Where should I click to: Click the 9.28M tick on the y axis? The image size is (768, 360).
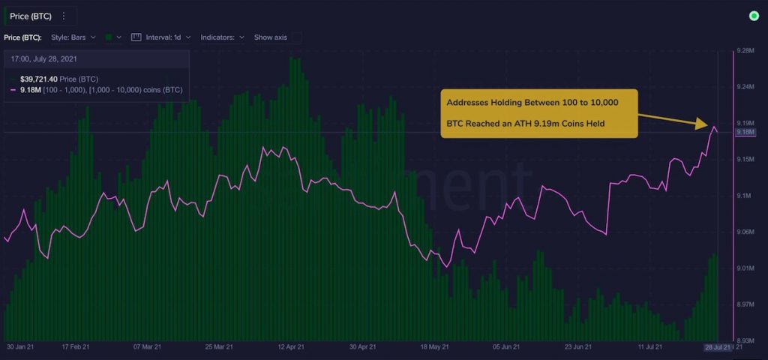pyautogui.click(x=745, y=51)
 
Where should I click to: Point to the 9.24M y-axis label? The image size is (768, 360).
pyautogui.click(x=745, y=87)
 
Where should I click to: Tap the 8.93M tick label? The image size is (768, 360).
pyautogui.click(x=745, y=340)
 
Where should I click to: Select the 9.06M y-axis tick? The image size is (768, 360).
pyautogui.click(x=745, y=232)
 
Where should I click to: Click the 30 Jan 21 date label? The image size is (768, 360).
pyautogui.click(x=21, y=347)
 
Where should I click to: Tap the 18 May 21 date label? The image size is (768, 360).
pyautogui.click(x=434, y=347)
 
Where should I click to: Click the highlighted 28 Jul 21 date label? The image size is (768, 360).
pyautogui.click(x=718, y=347)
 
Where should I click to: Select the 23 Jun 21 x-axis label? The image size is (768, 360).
pyautogui.click(x=577, y=347)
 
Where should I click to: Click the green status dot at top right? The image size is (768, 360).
pyautogui.click(x=754, y=16)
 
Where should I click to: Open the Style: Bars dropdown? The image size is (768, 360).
pyautogui.click(x=72, y=37)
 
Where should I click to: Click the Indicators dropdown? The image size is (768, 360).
pyautogui.click(x=220, y=37)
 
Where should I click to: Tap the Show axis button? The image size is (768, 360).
pyautogui.click(x=276, y=37)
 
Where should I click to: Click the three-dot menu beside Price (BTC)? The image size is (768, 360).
pyautogui.click(x=63, y=16)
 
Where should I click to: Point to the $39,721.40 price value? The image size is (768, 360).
pyautogui.click(x=38, y=79)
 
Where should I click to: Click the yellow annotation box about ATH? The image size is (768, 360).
pyautogui.click(x=538, y=113)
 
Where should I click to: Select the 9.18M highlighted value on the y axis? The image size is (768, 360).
pyautogui.click(x=745, y=133)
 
